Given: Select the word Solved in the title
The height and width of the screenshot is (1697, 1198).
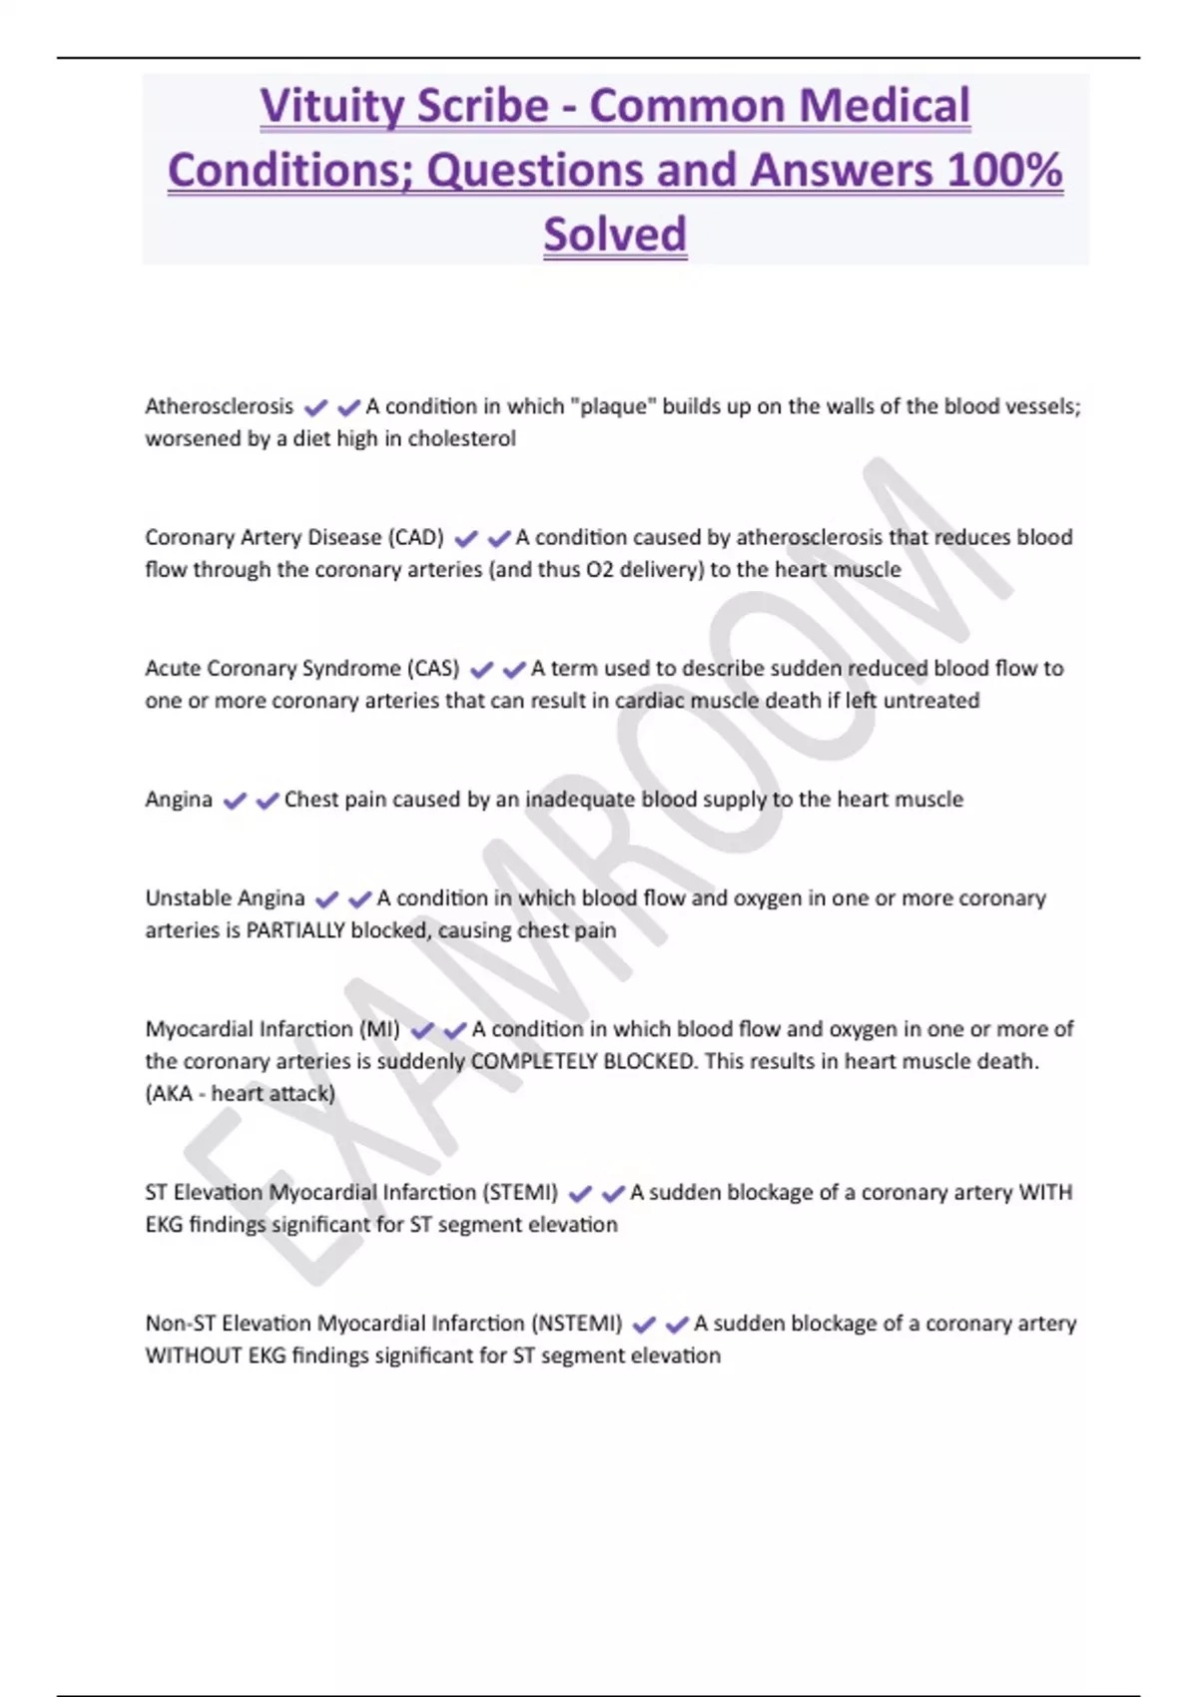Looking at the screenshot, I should [x=615, y=236].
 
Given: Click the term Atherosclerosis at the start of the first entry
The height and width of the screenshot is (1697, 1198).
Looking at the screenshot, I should [x=220, y=407].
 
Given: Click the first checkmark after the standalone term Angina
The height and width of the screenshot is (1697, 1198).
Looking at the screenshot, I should [x=235, y=801].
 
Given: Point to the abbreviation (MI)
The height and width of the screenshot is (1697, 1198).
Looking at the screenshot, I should [x=379, y=1029].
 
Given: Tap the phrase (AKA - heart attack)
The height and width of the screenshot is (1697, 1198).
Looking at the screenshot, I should [x=240, y=1094].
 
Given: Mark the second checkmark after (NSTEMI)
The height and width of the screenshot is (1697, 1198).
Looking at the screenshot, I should [x=677, y=1325].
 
